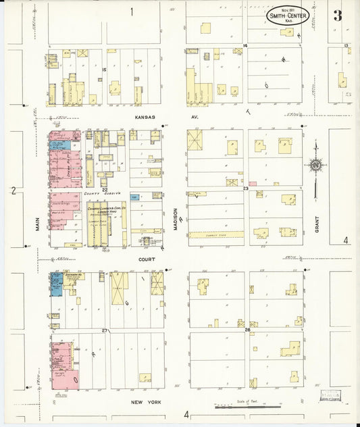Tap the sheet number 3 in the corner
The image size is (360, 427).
point(337,16)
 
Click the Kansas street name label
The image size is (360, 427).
point(145,117)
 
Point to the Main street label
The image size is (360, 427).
point(38,224)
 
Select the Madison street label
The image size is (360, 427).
point(175,220)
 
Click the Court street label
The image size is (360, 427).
point(148,258)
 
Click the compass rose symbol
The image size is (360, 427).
point(315,164)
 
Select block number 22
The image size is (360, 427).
point(105,190)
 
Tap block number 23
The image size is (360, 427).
point(247,189)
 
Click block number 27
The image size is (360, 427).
point(105,330)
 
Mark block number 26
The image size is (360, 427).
point(248,330)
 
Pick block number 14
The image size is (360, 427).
point(246,45)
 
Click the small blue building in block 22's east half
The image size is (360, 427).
point(135,197)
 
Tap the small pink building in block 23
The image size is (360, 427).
point(253,183)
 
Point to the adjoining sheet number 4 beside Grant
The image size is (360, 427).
point(345,240)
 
